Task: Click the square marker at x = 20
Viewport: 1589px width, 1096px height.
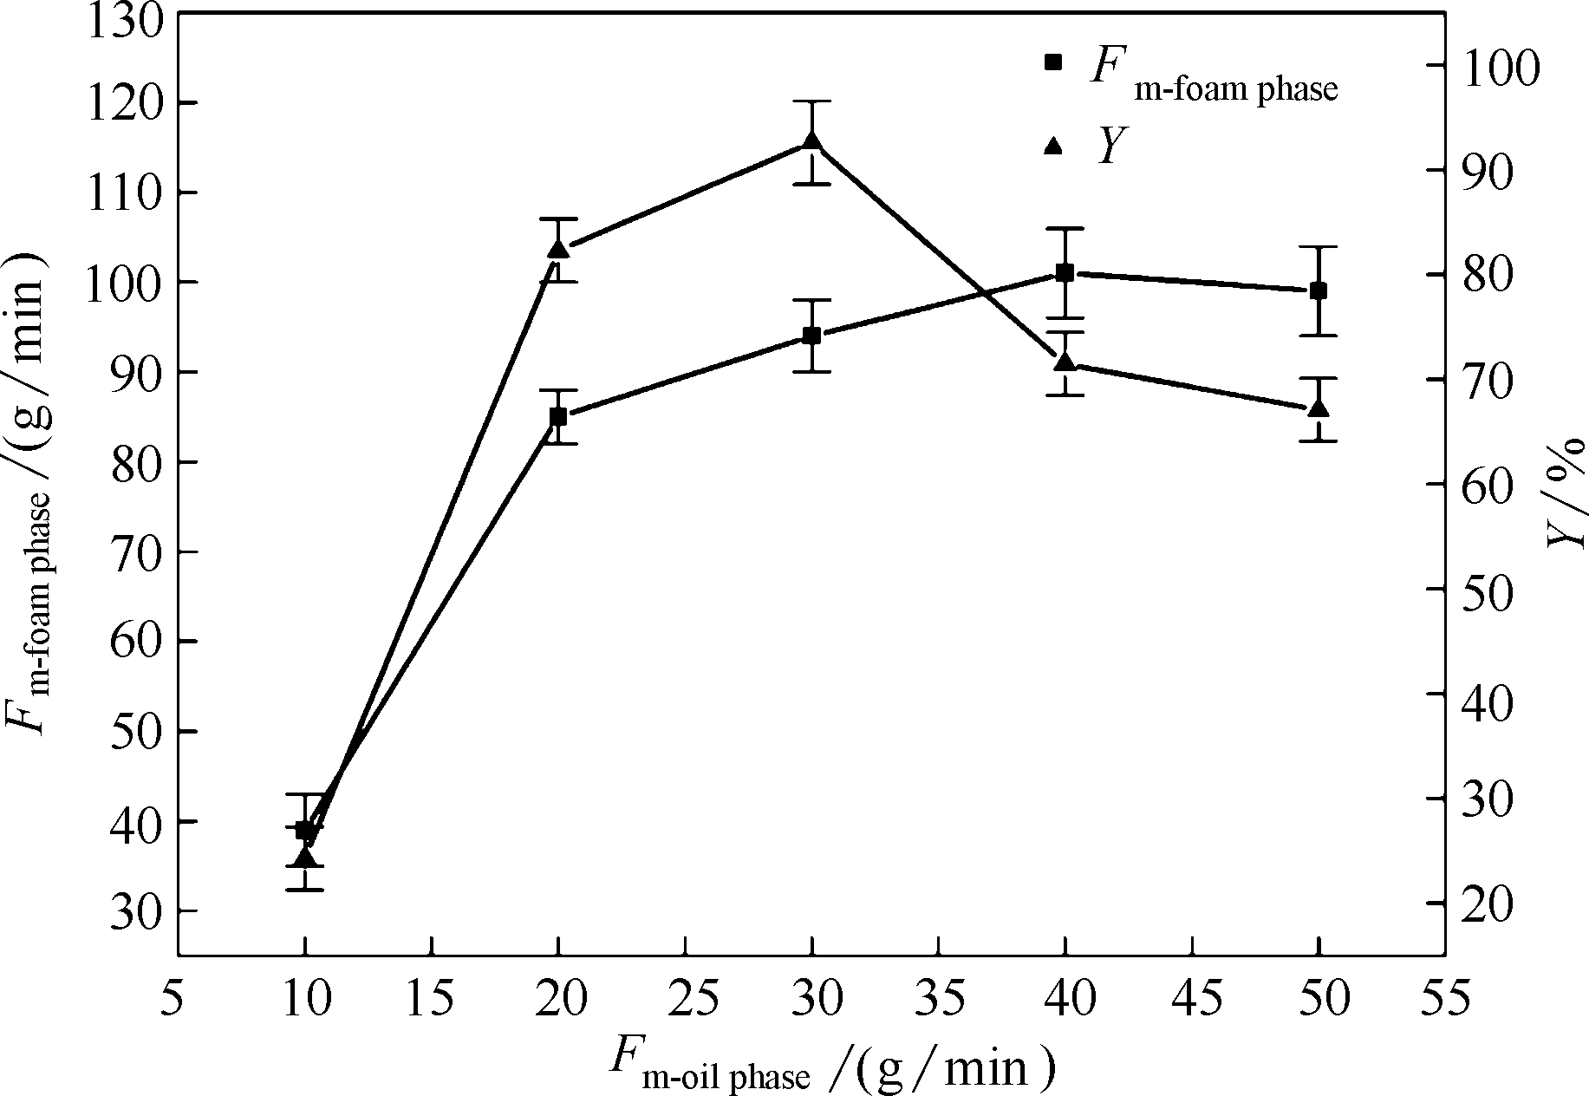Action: click(558, 417)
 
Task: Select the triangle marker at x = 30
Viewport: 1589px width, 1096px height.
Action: click(812, 142)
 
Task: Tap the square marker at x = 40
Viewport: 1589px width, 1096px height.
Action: click(1065, 273)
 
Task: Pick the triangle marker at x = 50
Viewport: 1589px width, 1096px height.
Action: click(1319, 408)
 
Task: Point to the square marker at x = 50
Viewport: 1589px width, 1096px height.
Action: click(1319, 290)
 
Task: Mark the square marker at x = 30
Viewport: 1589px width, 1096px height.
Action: click(812, 336)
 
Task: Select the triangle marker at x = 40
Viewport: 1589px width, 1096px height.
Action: click(1065, 362)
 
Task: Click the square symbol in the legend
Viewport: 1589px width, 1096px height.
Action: click(1053, 62)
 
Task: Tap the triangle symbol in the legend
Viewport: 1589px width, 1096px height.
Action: click(1053, 145)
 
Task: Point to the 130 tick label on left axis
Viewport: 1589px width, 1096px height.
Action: click(127, 19)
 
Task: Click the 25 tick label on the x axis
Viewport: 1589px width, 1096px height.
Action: click(686, 1000)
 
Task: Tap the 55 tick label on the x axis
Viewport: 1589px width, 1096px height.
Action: click(1445, 1000)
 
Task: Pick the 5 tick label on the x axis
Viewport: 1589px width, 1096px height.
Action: click(178, 1000)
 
